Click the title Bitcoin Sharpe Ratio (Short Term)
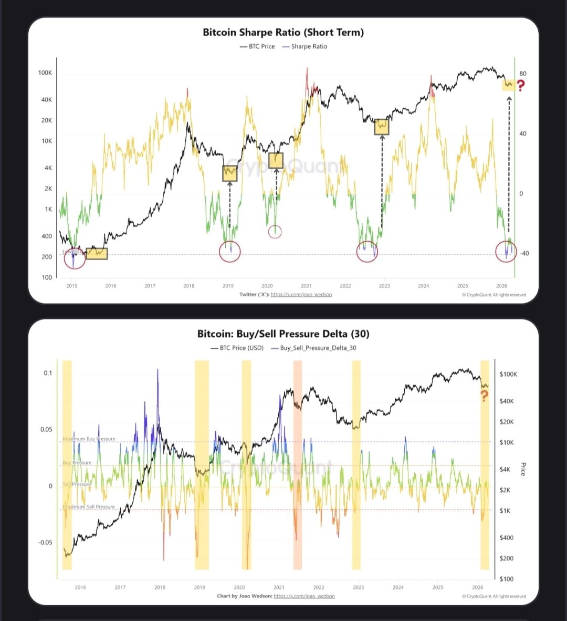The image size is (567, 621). pos(283,32)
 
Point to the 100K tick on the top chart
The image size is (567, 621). pos(45,73)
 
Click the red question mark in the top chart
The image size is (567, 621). pos(521,86)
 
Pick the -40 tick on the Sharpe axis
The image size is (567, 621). pos(523,254)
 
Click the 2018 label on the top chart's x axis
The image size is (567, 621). pos(188,286)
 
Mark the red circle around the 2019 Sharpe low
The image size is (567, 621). pos(229,252)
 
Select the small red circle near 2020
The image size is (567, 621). pos(275,231)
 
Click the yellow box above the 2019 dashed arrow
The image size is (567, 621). pos(229,173)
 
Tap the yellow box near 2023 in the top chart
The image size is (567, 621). pos(382,127)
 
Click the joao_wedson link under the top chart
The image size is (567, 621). pos(301,295)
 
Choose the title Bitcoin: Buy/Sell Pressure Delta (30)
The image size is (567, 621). pos(283,334)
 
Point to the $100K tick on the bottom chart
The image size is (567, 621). pos(508,374)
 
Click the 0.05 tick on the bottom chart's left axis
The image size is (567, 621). pos(47,429)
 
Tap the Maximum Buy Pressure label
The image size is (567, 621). pos(89,439)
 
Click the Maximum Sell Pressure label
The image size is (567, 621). pos(89,507)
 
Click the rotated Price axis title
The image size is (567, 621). pos(523,469)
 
